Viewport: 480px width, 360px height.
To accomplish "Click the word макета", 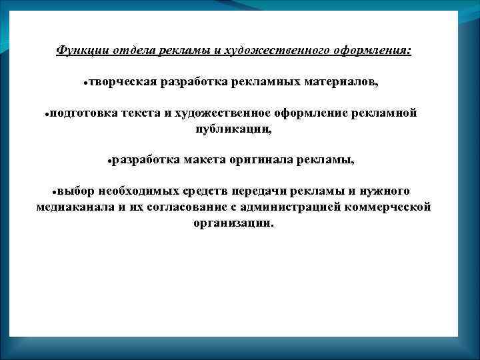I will coord(203,161).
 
